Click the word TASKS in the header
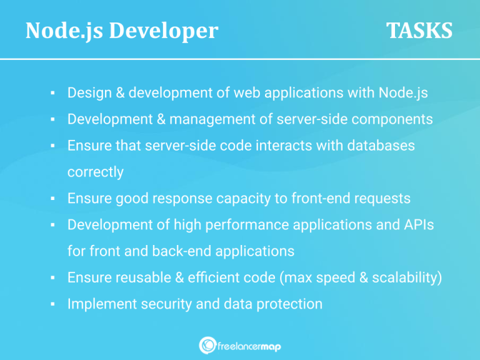point(419,31)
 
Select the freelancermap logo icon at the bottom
point(207,345)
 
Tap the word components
point(393,119)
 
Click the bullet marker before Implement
point(54,304)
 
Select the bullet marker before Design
point(54,93)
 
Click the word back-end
point(180,251)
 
